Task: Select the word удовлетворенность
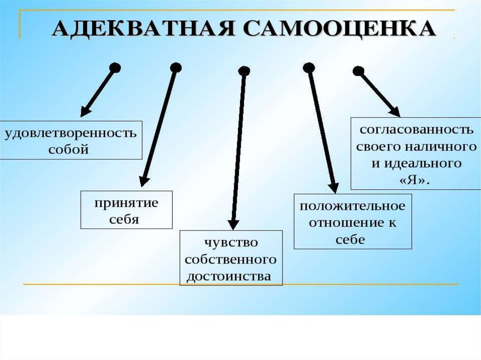coord(71,133)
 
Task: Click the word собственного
coord(231,259)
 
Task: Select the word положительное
coord(352,206)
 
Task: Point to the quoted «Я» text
coord(415,180)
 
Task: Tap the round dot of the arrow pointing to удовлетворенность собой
coord(115,68)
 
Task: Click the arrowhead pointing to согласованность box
coord(395,112)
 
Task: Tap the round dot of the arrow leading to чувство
coord(244,71)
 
